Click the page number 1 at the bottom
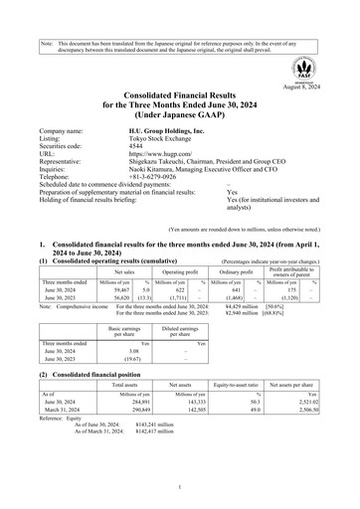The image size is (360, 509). click(x=180, y=488)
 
